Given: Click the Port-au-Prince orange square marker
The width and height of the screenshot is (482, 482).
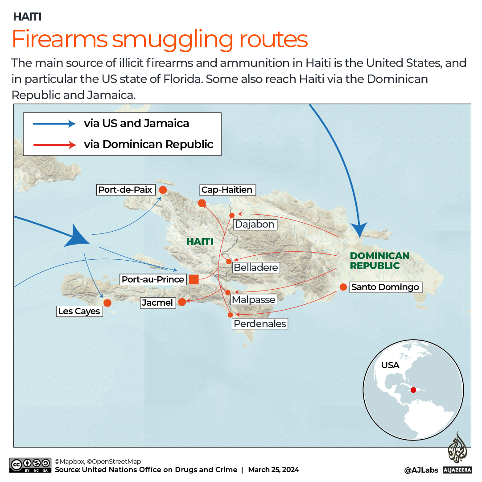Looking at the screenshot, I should pos(194,280).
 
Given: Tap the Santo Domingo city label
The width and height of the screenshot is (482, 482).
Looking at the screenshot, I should pos(385,287).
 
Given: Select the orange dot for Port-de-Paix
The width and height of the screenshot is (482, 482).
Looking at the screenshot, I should pos(163,190).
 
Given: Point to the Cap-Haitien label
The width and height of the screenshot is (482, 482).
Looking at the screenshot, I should pos(227,190).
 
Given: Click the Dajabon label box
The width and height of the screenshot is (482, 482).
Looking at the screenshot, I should pos(255,224).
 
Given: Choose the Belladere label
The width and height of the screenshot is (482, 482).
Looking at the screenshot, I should pos(256,268).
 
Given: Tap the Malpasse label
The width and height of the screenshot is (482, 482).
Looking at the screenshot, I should pos(253,299).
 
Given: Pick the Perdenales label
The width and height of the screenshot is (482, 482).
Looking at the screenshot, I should pos(260,324).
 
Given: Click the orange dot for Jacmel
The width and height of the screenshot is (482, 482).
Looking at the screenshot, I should pos(182,302).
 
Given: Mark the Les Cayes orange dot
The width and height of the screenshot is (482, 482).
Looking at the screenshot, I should pos(107,303).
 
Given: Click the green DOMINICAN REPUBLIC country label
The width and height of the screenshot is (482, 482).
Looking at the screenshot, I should pos(379,261).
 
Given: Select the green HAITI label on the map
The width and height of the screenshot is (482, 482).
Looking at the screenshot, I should pos(200,241).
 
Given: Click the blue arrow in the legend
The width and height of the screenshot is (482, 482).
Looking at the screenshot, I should pos(54,124).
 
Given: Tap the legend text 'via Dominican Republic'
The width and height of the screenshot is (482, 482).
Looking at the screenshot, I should pos(148,144).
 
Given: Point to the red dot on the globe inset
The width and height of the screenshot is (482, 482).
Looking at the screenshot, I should pos(414,390).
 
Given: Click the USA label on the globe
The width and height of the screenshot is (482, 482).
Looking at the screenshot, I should pos(390,365).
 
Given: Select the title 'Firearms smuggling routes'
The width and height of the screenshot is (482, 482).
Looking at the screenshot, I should pos(160,39).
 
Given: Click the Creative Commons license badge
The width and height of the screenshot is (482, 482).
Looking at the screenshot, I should pos(30,465).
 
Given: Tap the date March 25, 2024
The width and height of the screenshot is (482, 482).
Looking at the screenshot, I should pos(273,470).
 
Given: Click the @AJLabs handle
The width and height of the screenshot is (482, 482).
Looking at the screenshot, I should pos(421,470).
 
